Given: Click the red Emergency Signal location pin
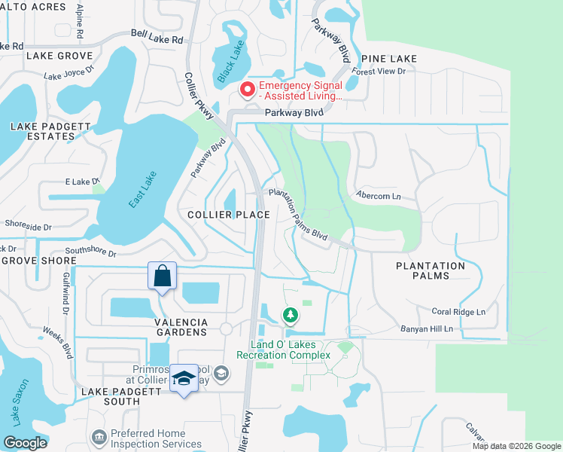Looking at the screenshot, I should (246, 90).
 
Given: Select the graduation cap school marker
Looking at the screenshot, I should (184, 379).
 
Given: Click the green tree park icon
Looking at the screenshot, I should (290, 314).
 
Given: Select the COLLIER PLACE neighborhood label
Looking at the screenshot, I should (229, 215).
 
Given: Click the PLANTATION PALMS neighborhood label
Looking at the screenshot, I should (431, 270).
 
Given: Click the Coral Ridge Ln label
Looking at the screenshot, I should (458, 311).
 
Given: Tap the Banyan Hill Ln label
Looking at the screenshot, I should (448, 328).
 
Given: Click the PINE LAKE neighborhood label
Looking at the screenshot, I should (388, 58).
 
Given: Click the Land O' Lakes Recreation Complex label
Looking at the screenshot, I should (283, 350).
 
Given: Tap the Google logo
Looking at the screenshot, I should (25, 442).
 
